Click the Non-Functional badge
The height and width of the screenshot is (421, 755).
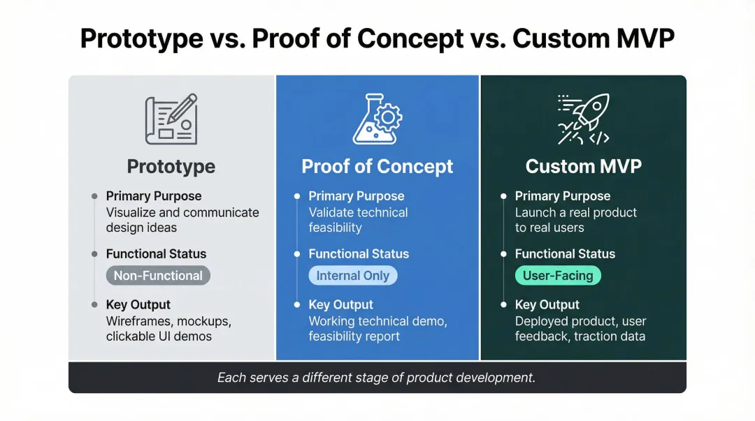[158, 276]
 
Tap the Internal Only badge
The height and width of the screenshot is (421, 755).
[352, 276]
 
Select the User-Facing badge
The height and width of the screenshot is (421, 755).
[558, 276]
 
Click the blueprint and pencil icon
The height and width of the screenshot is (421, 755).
[171, 119]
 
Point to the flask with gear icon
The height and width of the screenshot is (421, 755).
[376, 119]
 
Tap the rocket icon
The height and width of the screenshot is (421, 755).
[584, 119]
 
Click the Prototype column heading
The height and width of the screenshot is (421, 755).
[171, 167]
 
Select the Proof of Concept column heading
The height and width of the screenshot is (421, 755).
[377, 167]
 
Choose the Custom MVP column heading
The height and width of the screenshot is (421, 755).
[584, 167]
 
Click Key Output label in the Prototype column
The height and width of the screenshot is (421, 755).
[138, 304]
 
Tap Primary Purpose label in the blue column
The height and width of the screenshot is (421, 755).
[357, 196]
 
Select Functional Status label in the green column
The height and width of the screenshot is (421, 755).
[565, 254]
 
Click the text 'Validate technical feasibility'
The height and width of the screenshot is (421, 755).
[358, 220]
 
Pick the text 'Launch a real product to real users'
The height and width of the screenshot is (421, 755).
[575, 220]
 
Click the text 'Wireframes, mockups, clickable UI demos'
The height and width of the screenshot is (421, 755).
[168, 329]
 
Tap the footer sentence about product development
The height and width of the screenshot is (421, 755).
[377, 378]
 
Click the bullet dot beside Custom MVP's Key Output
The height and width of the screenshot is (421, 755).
[503, 305]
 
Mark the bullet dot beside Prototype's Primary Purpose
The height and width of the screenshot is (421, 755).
[94, 196]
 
